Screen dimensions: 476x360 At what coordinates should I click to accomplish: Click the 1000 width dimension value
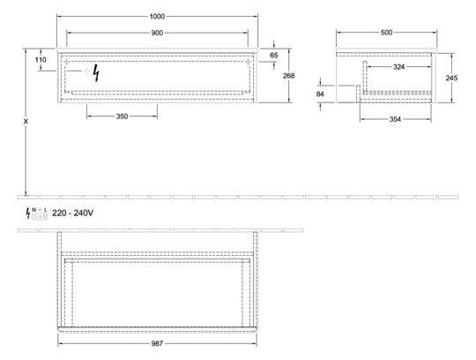[157, 17]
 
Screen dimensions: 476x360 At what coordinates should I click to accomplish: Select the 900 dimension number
[157, 33]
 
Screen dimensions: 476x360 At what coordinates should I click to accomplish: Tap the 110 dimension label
[41, 59]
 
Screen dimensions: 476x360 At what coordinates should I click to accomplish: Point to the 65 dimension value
[274, 56]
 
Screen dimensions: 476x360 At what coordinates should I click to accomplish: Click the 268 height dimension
[289, 76]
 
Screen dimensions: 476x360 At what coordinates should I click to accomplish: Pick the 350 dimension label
[122, 116]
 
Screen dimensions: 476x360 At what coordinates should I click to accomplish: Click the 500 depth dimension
[386, 33]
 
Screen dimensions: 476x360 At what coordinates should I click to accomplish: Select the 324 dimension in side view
[398, 67]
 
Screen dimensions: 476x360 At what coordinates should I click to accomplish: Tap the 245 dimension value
[451, 78]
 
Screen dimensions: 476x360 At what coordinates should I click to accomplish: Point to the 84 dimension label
[320, 94]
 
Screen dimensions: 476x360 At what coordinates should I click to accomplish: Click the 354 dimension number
[395, 119]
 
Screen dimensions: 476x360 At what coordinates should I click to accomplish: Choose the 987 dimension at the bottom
[157, 343]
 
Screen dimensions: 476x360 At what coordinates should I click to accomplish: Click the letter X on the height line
[26, 122]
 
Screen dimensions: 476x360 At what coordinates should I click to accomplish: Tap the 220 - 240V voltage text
[72, 214]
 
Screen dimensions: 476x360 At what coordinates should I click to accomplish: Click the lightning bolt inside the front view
[96, 73]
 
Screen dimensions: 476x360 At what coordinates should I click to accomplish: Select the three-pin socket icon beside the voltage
[40, 216]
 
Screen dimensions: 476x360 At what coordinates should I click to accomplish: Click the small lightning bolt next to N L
[28, 213]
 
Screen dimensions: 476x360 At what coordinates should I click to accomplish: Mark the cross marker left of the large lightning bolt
[86, 71]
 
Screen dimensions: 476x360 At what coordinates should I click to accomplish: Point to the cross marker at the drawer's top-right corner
[248, 62]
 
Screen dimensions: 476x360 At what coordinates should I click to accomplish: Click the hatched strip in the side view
[398, 93]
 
